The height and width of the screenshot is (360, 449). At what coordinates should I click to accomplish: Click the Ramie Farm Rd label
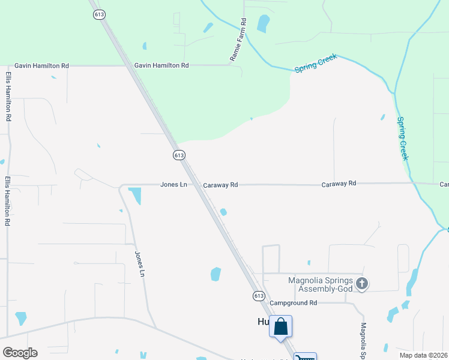[238, 40]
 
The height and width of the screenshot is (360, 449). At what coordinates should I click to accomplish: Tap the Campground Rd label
[293, 303]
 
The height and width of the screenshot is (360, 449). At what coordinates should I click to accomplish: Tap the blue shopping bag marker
[280, 327]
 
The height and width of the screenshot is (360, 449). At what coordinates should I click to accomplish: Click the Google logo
[20, 353]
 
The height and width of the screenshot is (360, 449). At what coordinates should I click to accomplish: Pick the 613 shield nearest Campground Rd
[258, 296]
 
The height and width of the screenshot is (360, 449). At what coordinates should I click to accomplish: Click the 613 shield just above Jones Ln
[178, 155]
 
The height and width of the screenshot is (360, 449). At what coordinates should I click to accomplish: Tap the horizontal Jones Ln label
[173, 185]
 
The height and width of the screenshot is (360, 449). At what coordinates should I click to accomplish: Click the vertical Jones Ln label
[140, 264]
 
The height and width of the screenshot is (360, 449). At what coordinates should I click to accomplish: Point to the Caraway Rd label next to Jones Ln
[220, 185]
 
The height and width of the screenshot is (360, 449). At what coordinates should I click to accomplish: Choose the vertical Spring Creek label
[403, 138]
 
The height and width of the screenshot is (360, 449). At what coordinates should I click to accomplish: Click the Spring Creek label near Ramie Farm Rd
[316, 64]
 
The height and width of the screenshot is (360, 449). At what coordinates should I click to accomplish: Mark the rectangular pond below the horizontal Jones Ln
[134, 196]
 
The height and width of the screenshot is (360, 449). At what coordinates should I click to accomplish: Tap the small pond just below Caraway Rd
[223, 211]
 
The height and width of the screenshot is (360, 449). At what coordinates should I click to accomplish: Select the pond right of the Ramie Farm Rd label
[262, 23]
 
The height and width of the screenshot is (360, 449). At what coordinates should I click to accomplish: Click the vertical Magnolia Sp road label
[363, 339]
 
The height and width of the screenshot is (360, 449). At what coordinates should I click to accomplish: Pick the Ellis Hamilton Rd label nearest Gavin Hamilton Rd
[8, 97]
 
